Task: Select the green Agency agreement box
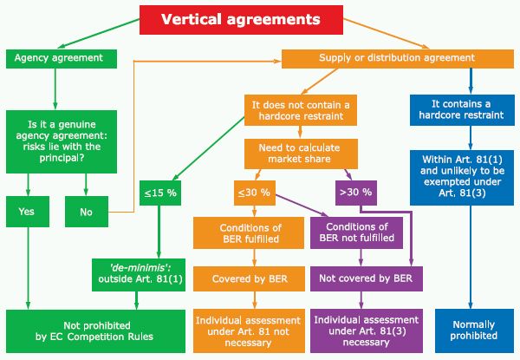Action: click(x=61, y=58)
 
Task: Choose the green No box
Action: click(x=85, y=210)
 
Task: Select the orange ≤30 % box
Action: click(x=253, y=193)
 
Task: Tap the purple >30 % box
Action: click(x=355, y=193)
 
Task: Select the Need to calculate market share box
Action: click(x=299, y=154)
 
